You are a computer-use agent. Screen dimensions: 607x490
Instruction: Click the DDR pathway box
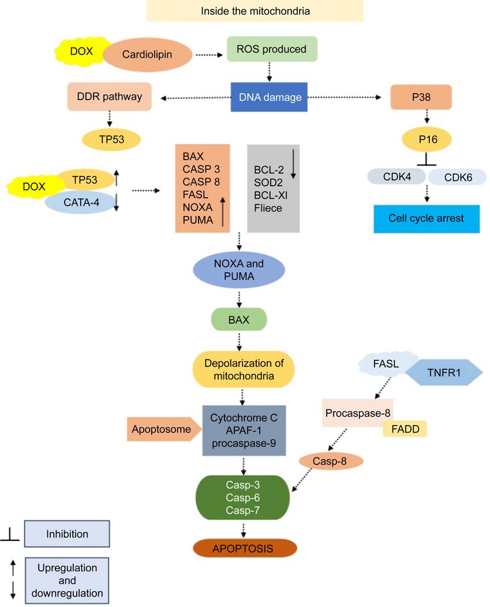[109, 97]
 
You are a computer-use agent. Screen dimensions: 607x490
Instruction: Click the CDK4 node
[397, 177]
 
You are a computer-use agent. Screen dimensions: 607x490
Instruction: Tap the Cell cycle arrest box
[427, 219]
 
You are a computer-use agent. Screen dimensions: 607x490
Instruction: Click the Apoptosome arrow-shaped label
[162, 430]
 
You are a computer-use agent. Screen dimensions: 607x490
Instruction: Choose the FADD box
[405, 429]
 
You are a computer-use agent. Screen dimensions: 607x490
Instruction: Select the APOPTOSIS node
[245, 547]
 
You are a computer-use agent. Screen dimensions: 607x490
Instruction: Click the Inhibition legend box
[68, 534]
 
